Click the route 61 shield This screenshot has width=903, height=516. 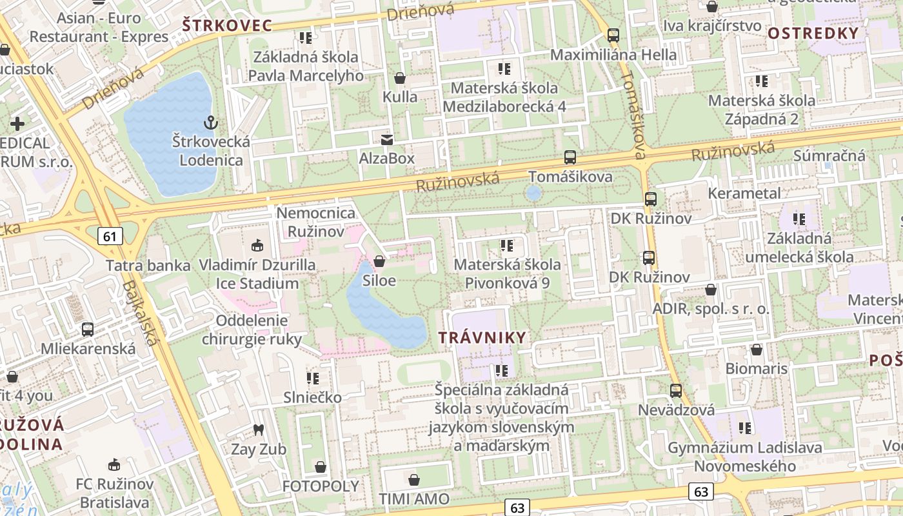(110, 236)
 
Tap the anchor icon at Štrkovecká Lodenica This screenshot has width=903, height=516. (210, 122)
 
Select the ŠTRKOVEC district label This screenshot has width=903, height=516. (226, 26)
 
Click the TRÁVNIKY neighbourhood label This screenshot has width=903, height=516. (482, 337)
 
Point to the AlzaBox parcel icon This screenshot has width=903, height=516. (387, 139)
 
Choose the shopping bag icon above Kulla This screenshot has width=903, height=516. (400, 79)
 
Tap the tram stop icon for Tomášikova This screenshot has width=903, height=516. (570, 157)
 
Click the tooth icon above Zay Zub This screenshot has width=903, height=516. (259, 430)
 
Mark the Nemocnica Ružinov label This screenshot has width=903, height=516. (316, 221)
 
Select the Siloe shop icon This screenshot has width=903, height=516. (379, 261)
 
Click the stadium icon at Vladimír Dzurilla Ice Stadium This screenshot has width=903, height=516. (257, 245)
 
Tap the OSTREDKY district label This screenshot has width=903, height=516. (813, 34)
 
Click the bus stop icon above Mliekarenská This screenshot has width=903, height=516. (88, 330)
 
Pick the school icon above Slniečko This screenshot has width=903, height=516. (313, 378)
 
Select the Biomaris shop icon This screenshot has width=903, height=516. (757, 350)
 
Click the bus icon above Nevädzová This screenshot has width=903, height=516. (676, 390)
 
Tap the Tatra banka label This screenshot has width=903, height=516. (148, 265)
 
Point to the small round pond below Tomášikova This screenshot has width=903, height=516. (533, 193)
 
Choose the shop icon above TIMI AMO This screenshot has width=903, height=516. (414, 479)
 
